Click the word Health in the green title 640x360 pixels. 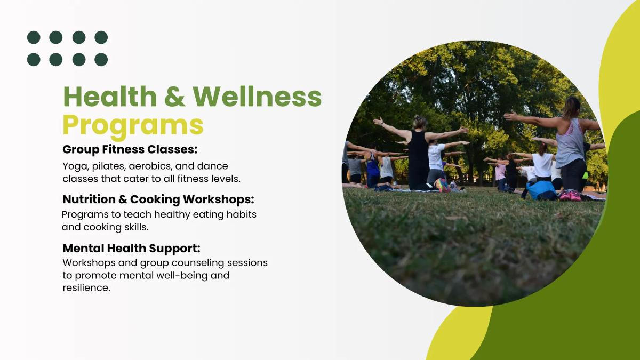click(x=110, y=97)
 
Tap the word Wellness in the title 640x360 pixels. click(x=258, y=97)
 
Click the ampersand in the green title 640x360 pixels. click(x=175, y=97)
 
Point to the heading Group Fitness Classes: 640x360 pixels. click(x=130, y=149)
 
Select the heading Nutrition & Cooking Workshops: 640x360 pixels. click(x=158, y=199)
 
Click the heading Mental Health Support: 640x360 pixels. click(x=131, y=249)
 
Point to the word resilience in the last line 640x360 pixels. click(x=86, y=287)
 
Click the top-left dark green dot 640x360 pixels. click(x=34, y=37)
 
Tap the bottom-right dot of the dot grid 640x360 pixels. click(x=101, y=59)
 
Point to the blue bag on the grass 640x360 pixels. click(x=541, y=190)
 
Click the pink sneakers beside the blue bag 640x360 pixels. click(x=570, y=196)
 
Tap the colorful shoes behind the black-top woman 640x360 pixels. click(x=442, y=185)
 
